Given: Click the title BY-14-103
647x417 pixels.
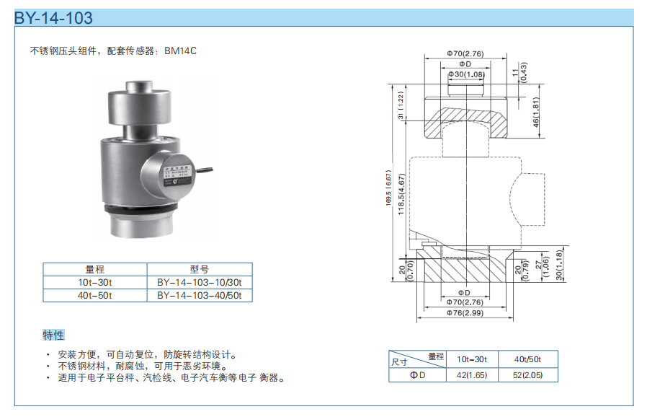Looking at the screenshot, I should (x=54, y=18).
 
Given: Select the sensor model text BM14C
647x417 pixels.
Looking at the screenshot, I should (x=180, y=51).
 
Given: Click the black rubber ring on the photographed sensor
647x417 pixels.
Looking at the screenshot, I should (x=140, y=209).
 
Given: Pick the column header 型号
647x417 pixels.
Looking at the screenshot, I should (x=200, y=269).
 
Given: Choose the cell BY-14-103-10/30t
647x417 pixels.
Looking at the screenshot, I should (x=200, y=282).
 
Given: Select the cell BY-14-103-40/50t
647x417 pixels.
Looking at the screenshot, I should (x=200, y=295).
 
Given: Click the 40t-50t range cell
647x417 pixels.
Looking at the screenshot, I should (x=95, y=295).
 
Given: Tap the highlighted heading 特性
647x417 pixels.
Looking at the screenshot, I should (x=53, y=335).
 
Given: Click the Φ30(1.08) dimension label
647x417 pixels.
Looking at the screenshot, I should (x=466, y=74).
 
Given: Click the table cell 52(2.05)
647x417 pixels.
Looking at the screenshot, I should (x=527, y=374).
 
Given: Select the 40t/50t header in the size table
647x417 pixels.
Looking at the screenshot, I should (x=527, y=359).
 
